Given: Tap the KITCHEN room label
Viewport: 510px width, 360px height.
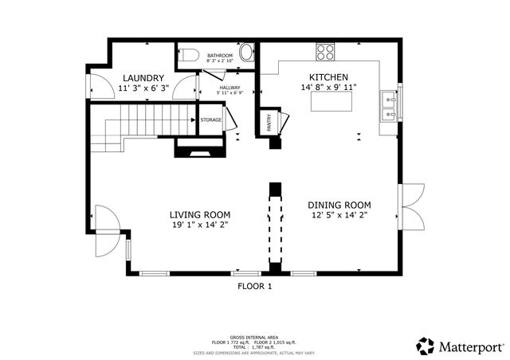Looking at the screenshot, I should point(328,76).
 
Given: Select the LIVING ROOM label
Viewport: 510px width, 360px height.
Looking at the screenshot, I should point(200,214).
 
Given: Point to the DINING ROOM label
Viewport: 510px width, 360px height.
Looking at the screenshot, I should point(339,205).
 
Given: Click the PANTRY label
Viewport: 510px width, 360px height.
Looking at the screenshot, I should point(268,123).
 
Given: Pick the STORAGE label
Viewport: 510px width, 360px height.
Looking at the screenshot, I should point(210,120).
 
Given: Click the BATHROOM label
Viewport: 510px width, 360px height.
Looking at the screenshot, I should point(219,55).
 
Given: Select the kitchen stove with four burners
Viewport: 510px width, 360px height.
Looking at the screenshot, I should point(325,52).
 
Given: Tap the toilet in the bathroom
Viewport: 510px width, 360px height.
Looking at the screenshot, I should point(188,55).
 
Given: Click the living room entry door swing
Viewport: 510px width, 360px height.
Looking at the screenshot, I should point(106,219).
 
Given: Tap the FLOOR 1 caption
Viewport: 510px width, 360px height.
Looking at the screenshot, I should point(255,286).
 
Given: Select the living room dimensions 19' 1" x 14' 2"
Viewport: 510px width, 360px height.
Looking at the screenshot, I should point(200,225).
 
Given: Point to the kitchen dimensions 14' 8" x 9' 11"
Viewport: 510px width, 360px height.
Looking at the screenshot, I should point(328,88).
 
